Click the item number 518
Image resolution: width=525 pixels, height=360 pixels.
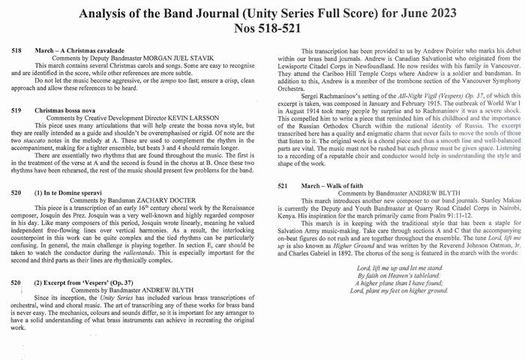tap(16, 49)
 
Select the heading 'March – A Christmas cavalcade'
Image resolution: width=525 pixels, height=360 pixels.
tap(79, 49)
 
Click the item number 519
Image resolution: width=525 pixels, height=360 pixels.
tap(16, 110)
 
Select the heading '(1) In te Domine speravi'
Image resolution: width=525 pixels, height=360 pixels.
tap(75, 193)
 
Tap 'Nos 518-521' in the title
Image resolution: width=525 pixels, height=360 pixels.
tap(262, 29)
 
